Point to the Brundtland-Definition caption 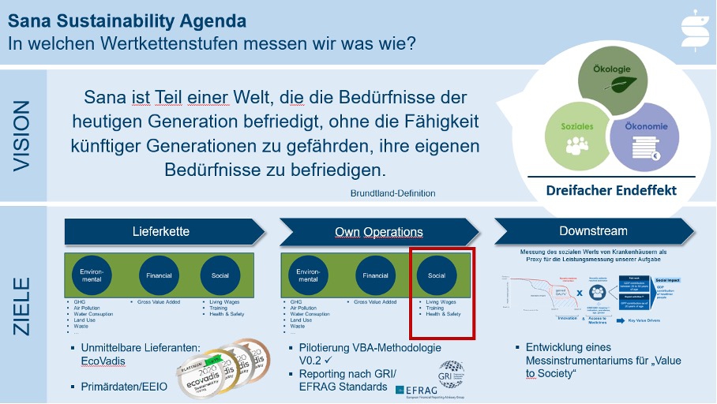(x=392, y=193)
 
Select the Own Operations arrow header (x=378, y=231)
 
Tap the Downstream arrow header (x=593, y=230)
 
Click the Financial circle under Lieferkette (x=155, y=275)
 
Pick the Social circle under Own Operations (x=437, y=275)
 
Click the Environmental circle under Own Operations (x=307, y=275)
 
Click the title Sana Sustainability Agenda (x=126, y=17)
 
